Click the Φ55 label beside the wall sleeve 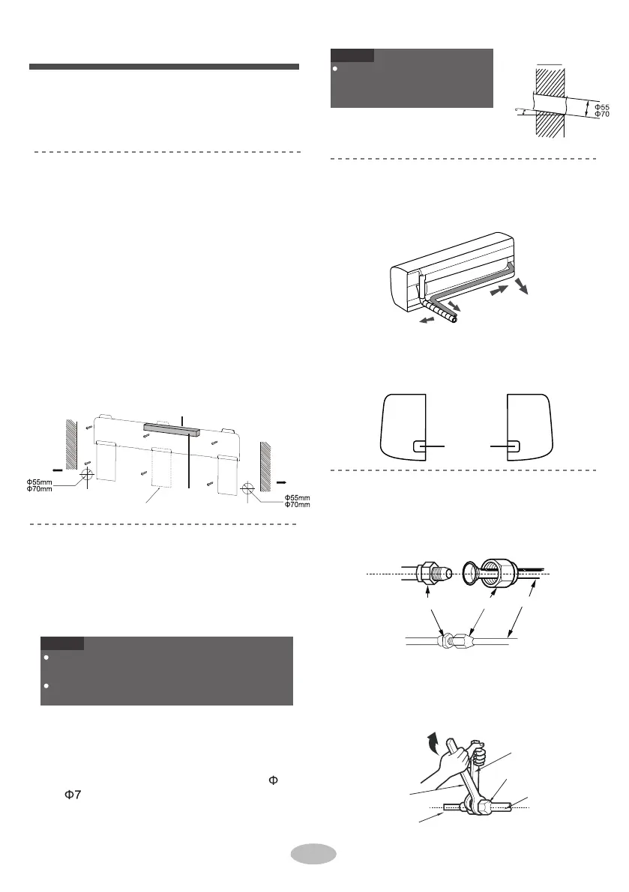click(602, 107)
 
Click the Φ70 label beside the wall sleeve click(602, 115)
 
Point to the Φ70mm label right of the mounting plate click(296, 506)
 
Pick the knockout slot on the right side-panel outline click(514, 446)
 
